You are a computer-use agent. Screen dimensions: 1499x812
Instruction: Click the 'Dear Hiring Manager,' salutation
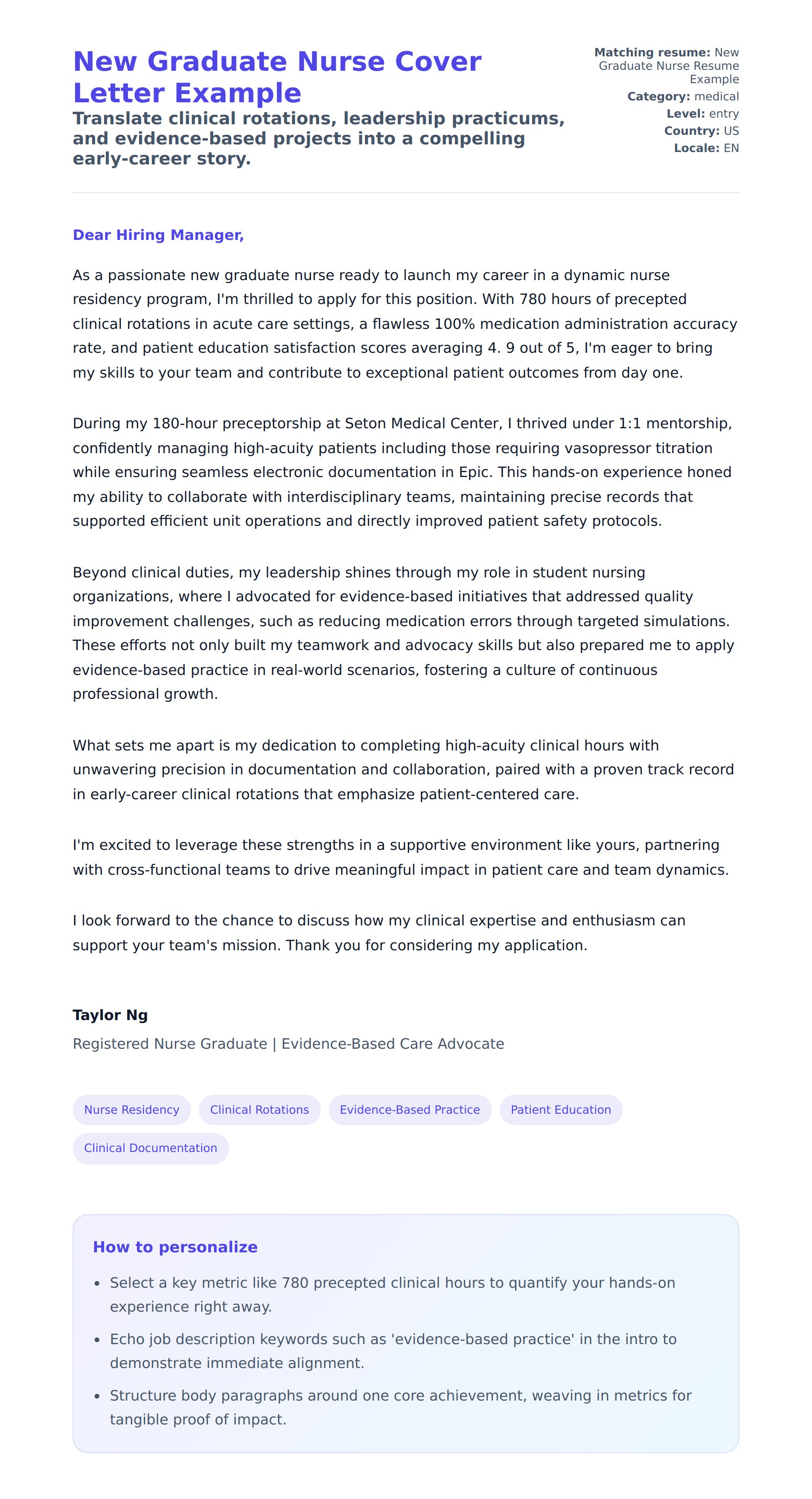[x=158, y=235]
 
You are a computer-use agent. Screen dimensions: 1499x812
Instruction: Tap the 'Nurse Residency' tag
[x=131, y=1110]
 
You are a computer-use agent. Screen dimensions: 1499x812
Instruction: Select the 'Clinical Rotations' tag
[x=259, y=1110]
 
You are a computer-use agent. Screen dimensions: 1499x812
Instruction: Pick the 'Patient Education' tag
[x=560, y=1110]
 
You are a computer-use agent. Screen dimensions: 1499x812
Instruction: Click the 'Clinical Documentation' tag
[x=150, y=1148]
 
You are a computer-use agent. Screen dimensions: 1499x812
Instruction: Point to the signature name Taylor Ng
[x=110, y=1015]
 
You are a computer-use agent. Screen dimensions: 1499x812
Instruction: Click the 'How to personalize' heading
[x=175, y=1247]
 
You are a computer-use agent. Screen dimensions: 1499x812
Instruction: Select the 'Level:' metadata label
[x=685, y=114]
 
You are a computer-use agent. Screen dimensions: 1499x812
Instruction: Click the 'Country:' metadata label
[x=692, y=131]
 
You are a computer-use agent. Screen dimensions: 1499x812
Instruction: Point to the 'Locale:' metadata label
[x=696, y=148]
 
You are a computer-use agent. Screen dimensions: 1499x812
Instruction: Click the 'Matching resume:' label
[x=652, y=53]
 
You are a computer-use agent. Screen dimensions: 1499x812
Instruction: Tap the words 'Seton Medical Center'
[x=423, y=424]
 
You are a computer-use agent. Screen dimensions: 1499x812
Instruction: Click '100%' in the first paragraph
[x=454, y=324]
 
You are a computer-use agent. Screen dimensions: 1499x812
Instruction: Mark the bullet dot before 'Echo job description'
[x=97, y=1339]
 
